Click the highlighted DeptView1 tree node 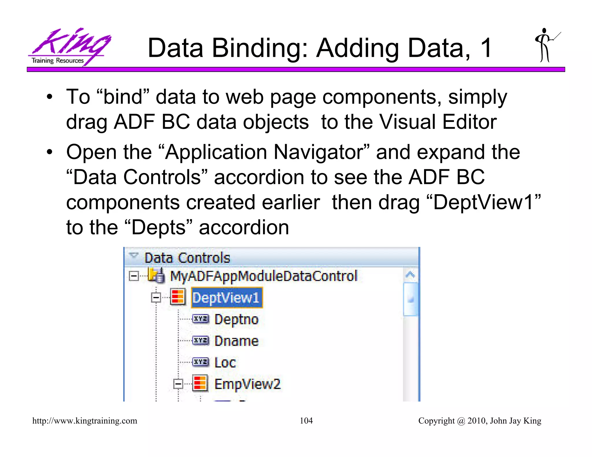point(226,298)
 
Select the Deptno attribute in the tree point(236,319)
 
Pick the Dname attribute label point(236,341)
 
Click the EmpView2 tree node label point(247,384)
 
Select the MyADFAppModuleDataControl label point(264,276)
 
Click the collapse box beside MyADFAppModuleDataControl point(134,276)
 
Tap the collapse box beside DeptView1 point(156,298)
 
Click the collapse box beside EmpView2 point(178,384)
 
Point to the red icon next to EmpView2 point(200,384)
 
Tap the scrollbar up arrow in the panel point(410,275)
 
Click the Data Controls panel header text point(187,258)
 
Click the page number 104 point(306,421)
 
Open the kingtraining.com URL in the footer point(85,421)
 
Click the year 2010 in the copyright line point(477,421)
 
